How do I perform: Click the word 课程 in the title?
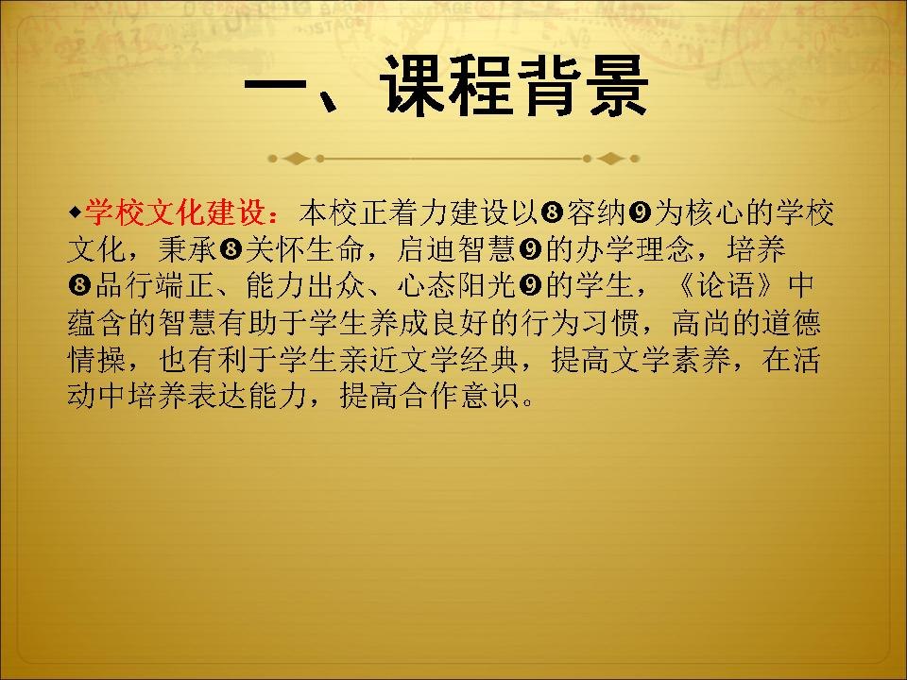click(446, 87)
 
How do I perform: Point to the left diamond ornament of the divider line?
click(296, 159)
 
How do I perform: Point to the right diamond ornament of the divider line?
click(610, 159)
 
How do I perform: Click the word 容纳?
click(596, 213)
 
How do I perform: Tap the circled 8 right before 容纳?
click(553, 213)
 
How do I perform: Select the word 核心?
click(716, 213)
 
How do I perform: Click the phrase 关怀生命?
click(304, 249)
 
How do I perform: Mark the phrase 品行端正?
click(155, 285)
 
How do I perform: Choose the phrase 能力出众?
click(305, 285)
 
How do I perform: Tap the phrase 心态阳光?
click(457, 285)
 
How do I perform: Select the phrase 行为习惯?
click(580, 323)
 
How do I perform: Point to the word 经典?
click(489, 359)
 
